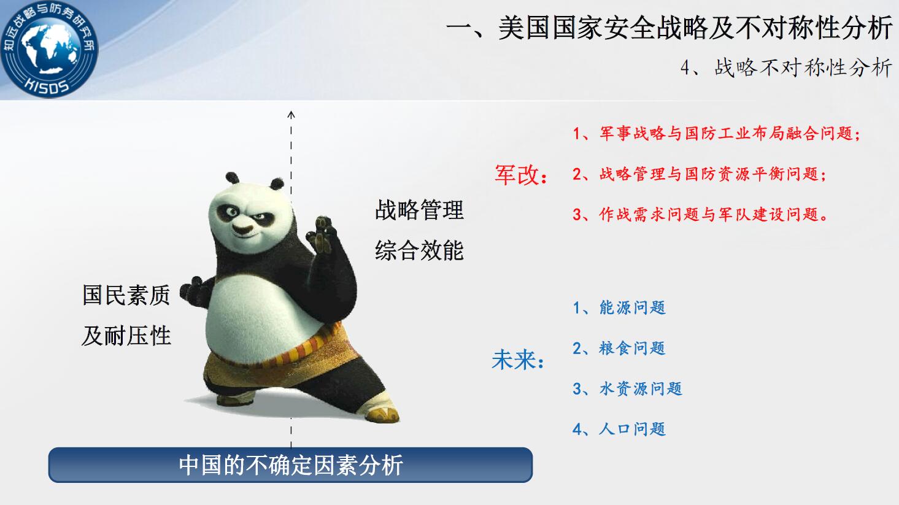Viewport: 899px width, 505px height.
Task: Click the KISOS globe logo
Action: click(x=49, y=49)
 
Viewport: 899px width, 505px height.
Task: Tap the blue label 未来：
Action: click(x=518, y=360)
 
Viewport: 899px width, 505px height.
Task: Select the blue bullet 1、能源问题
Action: click(x=619, y=308)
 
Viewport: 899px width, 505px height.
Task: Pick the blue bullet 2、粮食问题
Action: click(x=619, y=348)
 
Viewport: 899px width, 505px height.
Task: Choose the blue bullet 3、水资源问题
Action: click(x=628, y=388)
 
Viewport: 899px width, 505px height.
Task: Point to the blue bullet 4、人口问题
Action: click(x=619, y=429)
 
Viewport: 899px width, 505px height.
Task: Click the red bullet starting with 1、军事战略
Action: click(x=717, y=133)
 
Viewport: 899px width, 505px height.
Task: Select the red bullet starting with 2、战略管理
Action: click(x=700, y=174)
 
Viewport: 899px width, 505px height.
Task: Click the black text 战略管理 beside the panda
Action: click(x=419, y=210)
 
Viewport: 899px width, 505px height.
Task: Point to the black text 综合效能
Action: click(x=419, y=250)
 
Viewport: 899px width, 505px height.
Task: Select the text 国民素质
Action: click(x=126, y=295)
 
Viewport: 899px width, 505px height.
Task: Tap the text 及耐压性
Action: click(x=126, y=336)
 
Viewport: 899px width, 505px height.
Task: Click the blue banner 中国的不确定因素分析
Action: click(x=291, y=465)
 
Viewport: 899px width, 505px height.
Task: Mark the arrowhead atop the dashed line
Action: click(x=291, y=114)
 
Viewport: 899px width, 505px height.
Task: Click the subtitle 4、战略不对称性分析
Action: click(x=786, y=67)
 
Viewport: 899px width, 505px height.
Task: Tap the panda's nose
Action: click(x=242, y=229)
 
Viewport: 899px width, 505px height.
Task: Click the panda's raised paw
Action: click(x=322, y=235)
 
